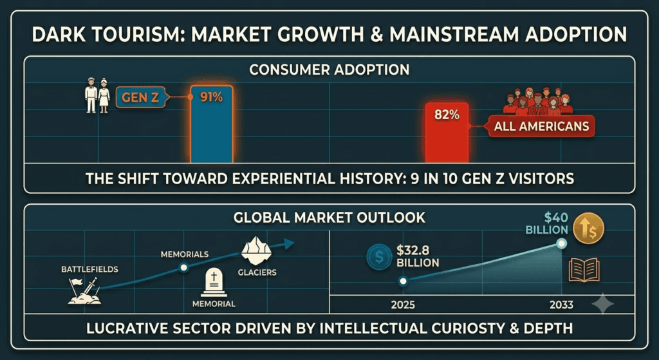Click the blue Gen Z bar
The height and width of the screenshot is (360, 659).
[x=211, y=124]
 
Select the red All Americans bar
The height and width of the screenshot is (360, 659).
[x=447, y=133]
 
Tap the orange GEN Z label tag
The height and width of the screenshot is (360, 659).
[x=141, y=98]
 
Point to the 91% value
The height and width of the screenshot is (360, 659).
[x=211, y=98]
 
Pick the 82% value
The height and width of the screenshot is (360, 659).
[x=447, y=115]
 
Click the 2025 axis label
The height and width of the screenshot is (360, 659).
[x=403, y=305]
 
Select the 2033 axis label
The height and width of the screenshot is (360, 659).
[x=561, y=305]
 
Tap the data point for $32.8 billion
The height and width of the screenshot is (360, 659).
[x=403, y=281]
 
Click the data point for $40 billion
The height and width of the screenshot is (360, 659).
[x=561, y=243]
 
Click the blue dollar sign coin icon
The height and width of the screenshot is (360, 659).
[x=379, y=257]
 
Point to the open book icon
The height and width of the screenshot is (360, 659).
[x=584, y=270]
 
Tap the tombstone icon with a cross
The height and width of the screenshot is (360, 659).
[x=214, y=283]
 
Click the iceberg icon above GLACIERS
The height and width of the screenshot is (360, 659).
[x=257, y=251]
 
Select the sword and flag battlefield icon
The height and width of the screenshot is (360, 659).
[x=84, y=290]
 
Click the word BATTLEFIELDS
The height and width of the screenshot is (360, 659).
[x=89, y=269]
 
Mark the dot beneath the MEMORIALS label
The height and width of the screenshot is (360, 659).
[x=183, y=267]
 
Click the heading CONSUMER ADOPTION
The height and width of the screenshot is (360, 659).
[x=329, y=70]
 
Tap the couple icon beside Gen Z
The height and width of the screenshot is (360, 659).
[x=98, y=95]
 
